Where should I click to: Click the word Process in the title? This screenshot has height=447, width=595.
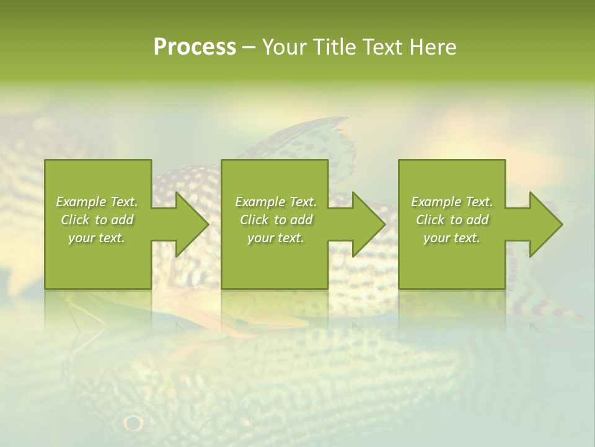[x=195, y=47]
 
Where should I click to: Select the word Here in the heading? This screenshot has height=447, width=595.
[x=433, y=47]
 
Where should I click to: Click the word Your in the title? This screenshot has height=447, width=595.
[x=286, y=47]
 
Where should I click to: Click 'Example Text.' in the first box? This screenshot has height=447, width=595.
[x=97, y=202]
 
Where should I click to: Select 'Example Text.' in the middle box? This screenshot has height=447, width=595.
[x=276, y=202]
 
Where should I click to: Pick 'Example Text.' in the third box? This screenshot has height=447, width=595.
[x=452, y=202]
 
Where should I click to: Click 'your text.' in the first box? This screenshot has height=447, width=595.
[x=97, y=238]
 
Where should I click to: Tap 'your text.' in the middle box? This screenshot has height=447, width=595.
[x=276, y=238]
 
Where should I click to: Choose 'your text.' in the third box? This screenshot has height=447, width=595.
[x=452, y=238]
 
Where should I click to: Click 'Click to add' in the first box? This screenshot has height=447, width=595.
[x=97, y=220]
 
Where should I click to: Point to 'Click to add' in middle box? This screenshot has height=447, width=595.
[x=276, y=220]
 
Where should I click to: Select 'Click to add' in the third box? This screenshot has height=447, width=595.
[x=452, y=220]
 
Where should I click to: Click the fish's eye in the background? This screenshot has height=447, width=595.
[x=133, y=423]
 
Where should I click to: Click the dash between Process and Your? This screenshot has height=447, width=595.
[x=249, y=48]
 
